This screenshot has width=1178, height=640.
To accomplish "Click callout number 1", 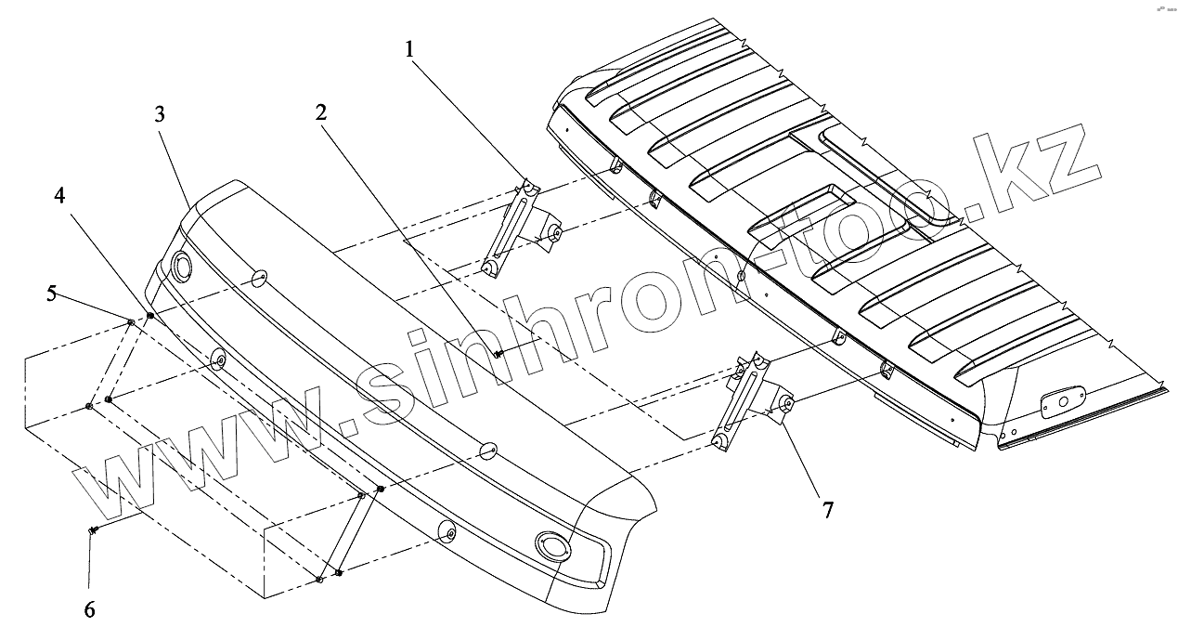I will tap(409, 49).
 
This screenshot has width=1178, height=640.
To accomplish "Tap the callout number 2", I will tap(320, 113).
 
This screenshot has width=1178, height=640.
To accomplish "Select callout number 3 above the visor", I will tap(160, 114).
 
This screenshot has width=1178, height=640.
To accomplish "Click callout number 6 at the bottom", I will tap(89, 609).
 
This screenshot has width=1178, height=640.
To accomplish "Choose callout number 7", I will tap(827, 509).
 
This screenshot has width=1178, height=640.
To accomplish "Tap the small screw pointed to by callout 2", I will tap(499, 353).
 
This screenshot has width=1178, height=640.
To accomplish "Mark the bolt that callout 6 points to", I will tap(95, 529).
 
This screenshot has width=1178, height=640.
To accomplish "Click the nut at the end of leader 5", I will tap(131, 322).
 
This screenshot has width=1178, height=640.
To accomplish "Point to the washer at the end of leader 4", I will tap(150, 317).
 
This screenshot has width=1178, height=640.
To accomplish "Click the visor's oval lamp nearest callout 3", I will tap(181, 268).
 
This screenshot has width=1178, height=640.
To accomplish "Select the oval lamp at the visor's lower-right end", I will tap(553, 544).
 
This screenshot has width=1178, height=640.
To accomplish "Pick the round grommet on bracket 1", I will tap(554, 232).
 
